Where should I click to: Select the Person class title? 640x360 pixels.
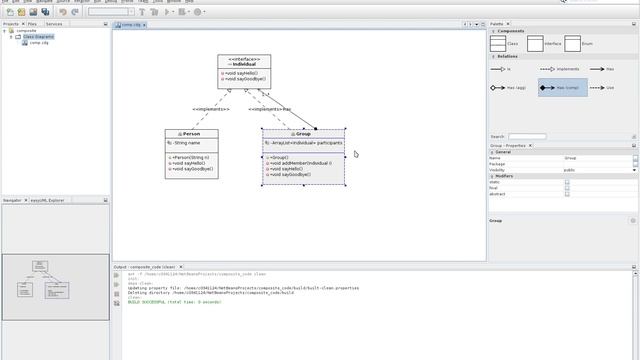point(191,134)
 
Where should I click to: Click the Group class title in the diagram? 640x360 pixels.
point(304,134)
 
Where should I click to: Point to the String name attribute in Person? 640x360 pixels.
point(192,143)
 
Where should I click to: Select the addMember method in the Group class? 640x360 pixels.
point(300,163)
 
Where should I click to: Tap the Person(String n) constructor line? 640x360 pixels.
point(191,157)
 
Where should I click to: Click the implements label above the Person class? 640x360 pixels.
point(211,109)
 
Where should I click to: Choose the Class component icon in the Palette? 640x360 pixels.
point(504,43)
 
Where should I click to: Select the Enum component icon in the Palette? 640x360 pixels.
point(572,43)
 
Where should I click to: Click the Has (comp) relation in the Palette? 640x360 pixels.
point(562,88)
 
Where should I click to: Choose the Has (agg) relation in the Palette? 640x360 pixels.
point(510,88)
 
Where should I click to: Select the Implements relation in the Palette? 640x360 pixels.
point(562,69)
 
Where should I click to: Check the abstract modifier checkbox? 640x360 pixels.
point(567,194)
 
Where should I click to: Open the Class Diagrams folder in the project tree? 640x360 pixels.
point(36,37)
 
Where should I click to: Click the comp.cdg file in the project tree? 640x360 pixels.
point(40,43)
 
